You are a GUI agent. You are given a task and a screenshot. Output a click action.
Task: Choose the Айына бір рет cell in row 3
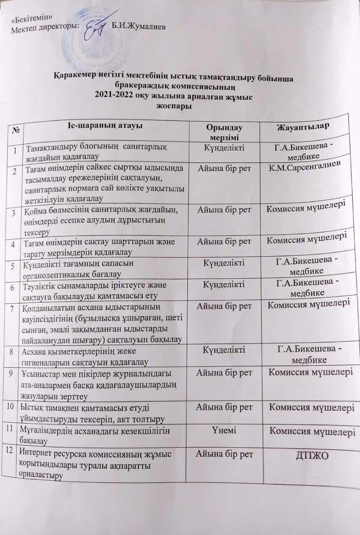click(x=224, y=210)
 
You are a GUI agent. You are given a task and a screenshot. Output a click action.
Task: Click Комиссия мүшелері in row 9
click(x=309, y=371)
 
